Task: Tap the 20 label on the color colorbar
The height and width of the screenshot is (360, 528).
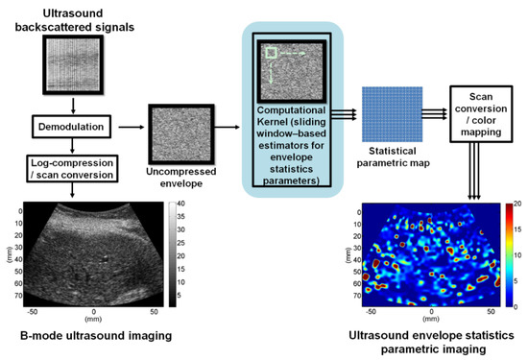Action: pyautogui.click(x=519, y=204)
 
